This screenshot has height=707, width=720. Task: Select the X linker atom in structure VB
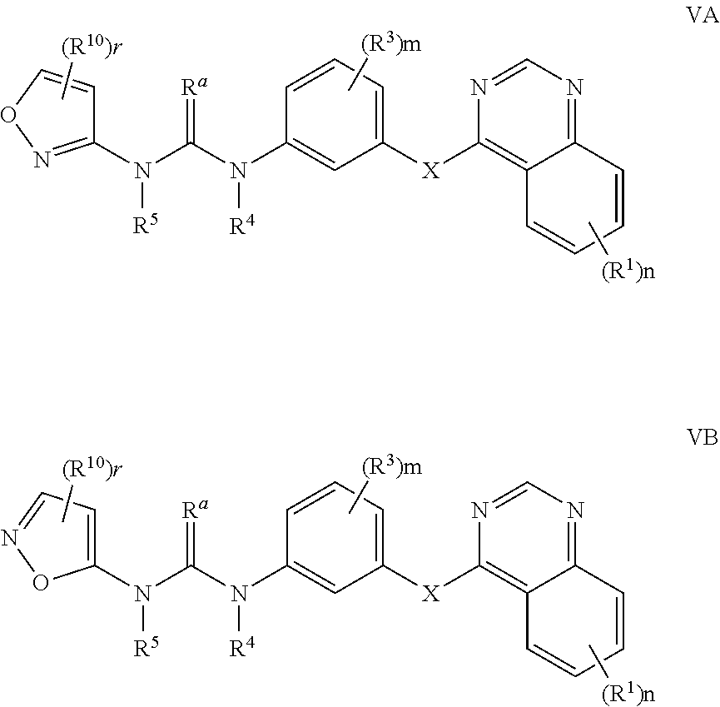pyautogui.click(x=431, y=594)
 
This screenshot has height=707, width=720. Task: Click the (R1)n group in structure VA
pyautogui.click(x=628, y=272)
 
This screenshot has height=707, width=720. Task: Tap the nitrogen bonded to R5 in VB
pyautogui.click(x=144, y=594)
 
